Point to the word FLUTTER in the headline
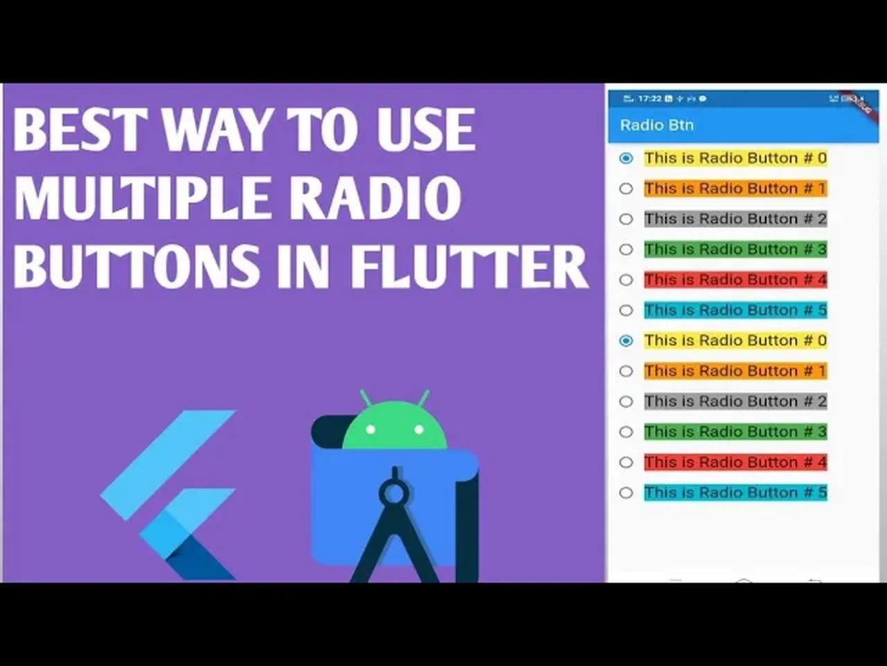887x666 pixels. [468, 266]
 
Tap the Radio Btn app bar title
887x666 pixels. [656, 126]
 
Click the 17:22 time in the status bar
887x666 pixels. [649, 99]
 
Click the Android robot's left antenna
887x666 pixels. [365, 398]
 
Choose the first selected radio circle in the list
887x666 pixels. [626, 158]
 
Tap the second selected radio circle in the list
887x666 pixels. [626, 341]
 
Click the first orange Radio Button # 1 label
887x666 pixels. [735, 189]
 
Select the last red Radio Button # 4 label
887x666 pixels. [735, 463]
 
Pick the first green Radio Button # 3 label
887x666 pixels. [735, 250]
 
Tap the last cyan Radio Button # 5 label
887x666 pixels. [735, 493]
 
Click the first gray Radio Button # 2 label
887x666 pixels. [735, 219]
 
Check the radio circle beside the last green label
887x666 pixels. [626, 432]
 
